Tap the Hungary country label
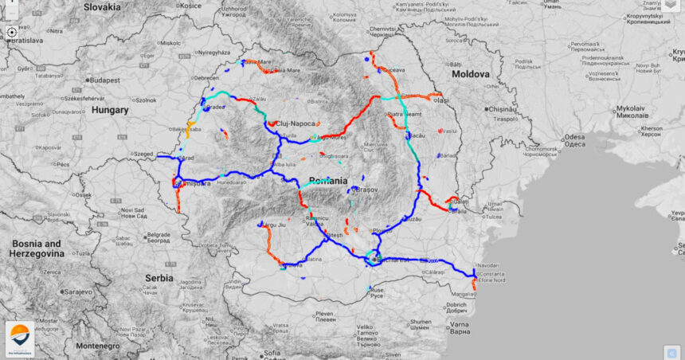coord(110,110)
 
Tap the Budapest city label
coord(104,80)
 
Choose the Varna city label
coord(459,324)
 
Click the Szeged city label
coord(143,153)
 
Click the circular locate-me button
coord(12,33)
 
